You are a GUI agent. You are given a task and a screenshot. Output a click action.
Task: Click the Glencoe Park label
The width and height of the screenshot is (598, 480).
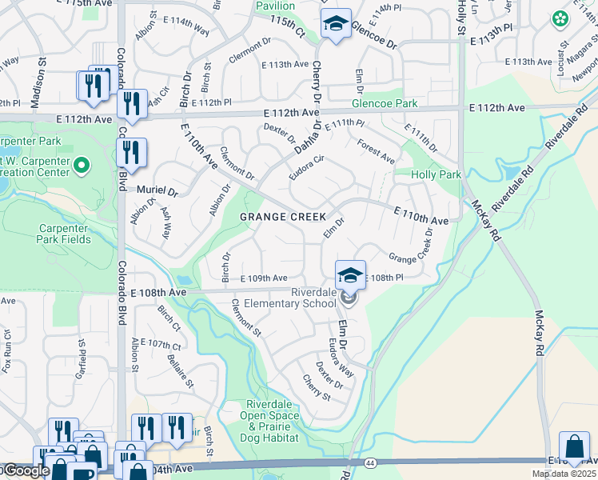(385, 104)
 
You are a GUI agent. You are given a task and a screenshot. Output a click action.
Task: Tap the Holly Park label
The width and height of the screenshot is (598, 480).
(436, 174)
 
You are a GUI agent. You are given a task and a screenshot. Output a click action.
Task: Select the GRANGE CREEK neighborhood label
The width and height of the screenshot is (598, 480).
(284, 217)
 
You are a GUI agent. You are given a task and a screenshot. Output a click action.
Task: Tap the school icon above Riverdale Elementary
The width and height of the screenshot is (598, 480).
(349, 276)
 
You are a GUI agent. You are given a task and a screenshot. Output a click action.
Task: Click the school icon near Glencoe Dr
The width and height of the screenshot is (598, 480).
(337, 24)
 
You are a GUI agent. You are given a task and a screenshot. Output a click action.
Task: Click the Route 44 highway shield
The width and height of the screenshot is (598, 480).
(369, 463)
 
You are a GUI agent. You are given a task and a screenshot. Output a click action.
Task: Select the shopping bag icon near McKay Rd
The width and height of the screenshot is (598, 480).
(574, 447)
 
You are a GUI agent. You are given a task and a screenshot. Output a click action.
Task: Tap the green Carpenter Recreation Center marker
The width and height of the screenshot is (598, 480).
(81, 166)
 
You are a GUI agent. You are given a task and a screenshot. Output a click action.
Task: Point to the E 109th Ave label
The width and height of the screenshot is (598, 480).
(263, 278)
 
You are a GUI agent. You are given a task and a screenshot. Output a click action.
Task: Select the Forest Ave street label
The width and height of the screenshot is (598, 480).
(377, 152)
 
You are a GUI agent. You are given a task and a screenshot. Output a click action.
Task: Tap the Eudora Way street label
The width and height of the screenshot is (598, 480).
(341, 357)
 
